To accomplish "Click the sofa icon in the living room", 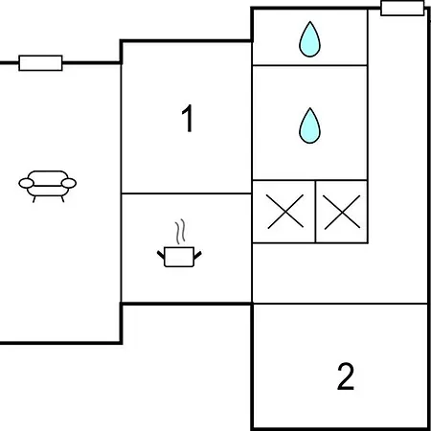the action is click(x=48, y=186).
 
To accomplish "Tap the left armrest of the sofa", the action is click(x=26, y=183).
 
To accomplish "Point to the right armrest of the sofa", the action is click(x=69, y=183).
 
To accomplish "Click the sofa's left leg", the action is click(x=34, y=199).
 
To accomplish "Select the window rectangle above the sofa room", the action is click(x=40, y=63).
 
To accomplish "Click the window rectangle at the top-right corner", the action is click(x=402, y=8).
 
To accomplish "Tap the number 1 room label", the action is click(x=188, y=118).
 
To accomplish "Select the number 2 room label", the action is click(x=346, y=376).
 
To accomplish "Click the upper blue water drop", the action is click(x=309, y=39).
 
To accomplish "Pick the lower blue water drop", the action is click(x=309, y=125).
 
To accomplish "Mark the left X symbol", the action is click(x=285, y=212).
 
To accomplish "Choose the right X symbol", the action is click(x=342, y=212).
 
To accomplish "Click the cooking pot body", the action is click(x=179, y=257).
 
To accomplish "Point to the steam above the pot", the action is click(x=180, y=232).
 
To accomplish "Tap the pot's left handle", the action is click(x=161, y=255).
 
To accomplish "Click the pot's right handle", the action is click(x=197, y=255).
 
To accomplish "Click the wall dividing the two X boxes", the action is click(x=315, y=212).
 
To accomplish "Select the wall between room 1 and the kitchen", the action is click(x=187, y=193).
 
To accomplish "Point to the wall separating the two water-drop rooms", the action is click(x=309, y=65).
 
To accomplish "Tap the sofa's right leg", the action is click(x=62, y=199).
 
